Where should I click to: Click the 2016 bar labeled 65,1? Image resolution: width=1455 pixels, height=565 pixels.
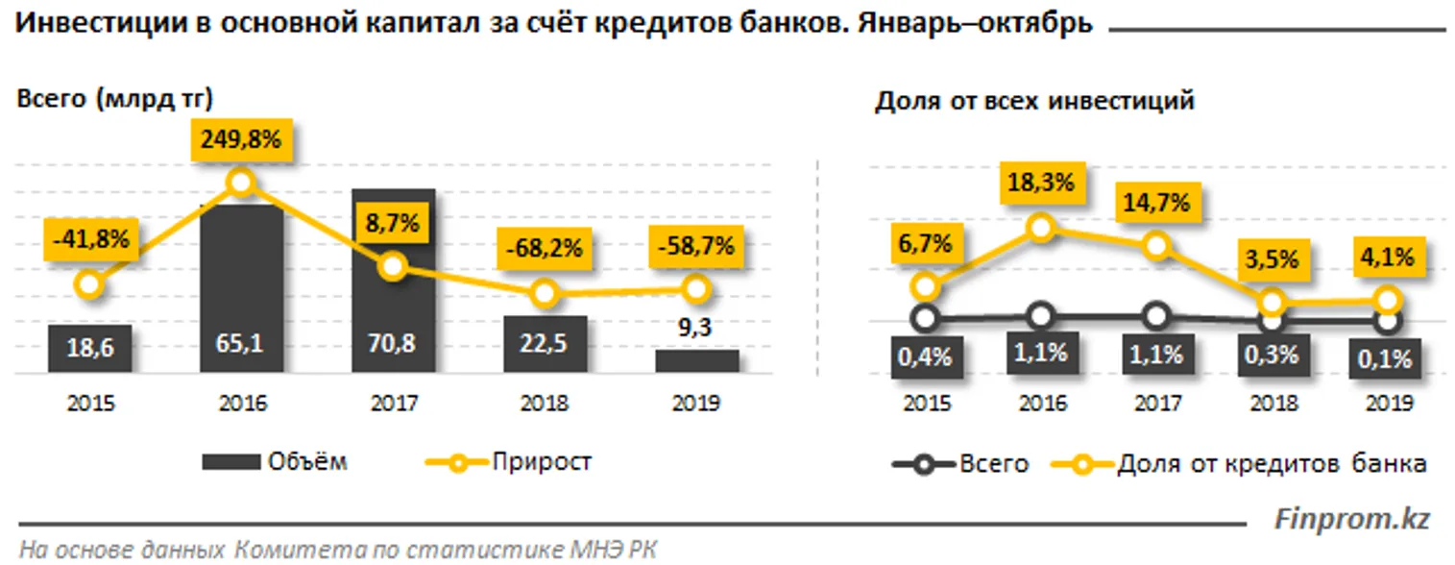coord(241,288)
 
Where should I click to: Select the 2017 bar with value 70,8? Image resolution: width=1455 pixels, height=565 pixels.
coord(393,281)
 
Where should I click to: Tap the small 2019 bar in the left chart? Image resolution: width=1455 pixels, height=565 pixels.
coord(697,360)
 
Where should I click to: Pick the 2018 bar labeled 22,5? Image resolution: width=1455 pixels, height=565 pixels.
coord(545,343)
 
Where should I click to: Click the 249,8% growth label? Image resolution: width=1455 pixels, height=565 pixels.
coord(241,139)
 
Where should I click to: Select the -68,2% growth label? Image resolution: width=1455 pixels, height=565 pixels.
coord(545,248)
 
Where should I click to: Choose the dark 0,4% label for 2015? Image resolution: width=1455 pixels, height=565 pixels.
coord(924,356)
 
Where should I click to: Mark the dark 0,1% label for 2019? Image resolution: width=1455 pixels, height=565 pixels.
coord(1385,358)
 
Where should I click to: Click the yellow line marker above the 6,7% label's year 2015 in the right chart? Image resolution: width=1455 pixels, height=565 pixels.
coord(924,286)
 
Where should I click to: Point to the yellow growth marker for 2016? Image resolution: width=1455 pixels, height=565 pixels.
coord(241,182)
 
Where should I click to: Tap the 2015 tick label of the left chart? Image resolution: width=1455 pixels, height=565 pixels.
coord(90,404)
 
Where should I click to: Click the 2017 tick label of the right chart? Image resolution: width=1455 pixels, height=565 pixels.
coord(1157,404)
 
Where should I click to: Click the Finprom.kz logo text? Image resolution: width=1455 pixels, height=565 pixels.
coord(1351,520)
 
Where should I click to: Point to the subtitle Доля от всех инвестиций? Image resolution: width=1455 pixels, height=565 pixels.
coord(1034,101)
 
